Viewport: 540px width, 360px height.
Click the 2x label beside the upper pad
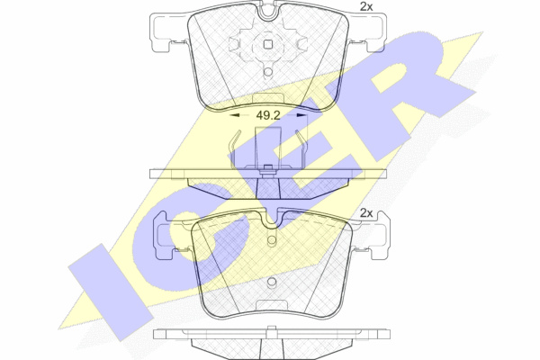pyautogui.click(x=366, y=7)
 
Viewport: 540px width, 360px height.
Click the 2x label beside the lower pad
pyautogui.click(x=366, y=213)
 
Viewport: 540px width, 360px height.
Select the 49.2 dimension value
pyautogui.click(x=268, y=116)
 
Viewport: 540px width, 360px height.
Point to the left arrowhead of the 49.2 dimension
pyautogui.click(x=234, y=116)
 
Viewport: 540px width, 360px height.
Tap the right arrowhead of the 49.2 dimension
pyautogui.click(x=301, y=116)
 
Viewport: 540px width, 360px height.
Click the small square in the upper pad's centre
pyautogui.click(x=268, y=44)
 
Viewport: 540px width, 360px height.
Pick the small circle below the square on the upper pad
pyautogui.click(x=268, y=72)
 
